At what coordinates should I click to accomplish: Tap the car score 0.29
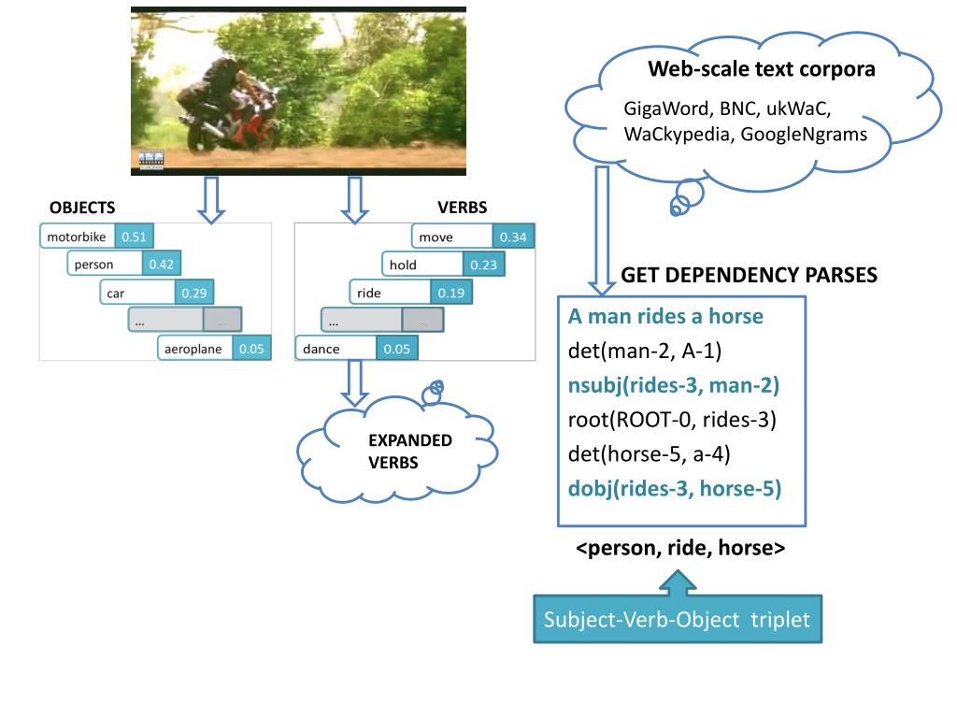(x=193, y=293)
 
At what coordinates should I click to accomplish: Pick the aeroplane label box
(x=195, y=349)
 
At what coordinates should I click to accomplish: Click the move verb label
(x=451, y=237)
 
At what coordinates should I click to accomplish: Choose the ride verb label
(x=390, y=293)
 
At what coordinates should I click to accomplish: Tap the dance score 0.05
(x=396, y=349)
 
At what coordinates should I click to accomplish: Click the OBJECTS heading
(x=82, y=208)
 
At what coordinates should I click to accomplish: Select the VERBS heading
(x=462, y=208)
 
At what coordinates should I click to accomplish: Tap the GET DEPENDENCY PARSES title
(x=749, y=275)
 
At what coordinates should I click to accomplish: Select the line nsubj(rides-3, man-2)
(x=673, y=384)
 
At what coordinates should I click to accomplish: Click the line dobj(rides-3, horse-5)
(x=674, y=487)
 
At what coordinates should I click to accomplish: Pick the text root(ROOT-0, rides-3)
(x=672, y=419)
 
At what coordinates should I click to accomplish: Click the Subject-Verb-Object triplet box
(x=678, y=619)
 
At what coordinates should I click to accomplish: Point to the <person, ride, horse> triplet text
(x=679, y=549)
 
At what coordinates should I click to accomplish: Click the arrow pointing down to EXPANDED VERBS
(x=355, y=381)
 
